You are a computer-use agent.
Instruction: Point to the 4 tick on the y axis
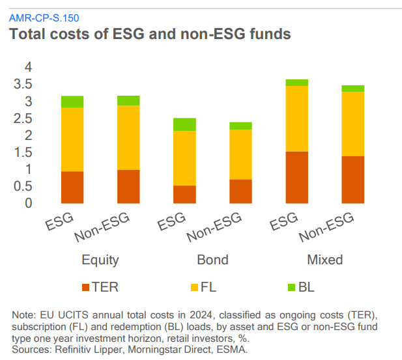click(x=28, y=67)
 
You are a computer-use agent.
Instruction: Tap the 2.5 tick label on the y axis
click(x=23, y=118)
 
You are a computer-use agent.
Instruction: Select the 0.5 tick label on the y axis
click(x=23, y=186)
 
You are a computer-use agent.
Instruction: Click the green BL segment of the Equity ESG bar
click(x=72, y=102)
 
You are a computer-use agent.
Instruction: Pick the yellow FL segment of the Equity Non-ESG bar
click(x=128, y=137)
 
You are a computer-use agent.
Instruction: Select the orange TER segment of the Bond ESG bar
click(x=185, y=195)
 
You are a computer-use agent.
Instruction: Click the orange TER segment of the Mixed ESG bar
click(x=298, y=178)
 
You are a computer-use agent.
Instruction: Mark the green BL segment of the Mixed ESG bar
click(x=298, y=83)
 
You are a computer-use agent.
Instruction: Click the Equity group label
click(x=100, y=260)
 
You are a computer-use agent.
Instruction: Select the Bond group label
click(x=213, y=260)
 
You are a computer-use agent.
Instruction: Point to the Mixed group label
click(x=324, y=260)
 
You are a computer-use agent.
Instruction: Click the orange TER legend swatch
click(x=85, y=286)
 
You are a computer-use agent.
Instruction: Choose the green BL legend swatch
click(x=291, y=286)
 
